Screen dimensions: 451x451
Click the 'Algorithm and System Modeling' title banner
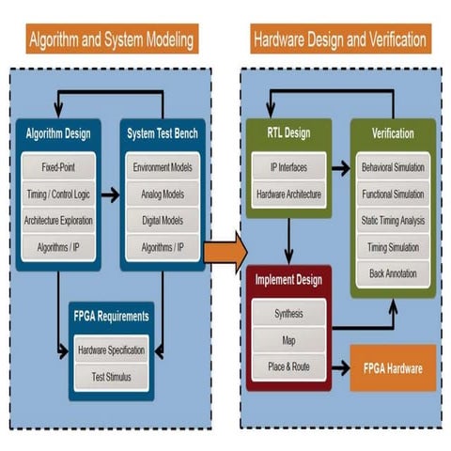112,40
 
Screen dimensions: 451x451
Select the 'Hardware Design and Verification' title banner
340,40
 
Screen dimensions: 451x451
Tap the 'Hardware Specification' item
111,350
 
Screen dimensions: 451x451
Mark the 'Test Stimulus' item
111,375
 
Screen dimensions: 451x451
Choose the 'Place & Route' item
288,366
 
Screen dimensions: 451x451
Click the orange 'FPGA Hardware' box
393,367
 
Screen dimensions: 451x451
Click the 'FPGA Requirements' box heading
111,318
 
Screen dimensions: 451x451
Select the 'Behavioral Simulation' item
393,168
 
